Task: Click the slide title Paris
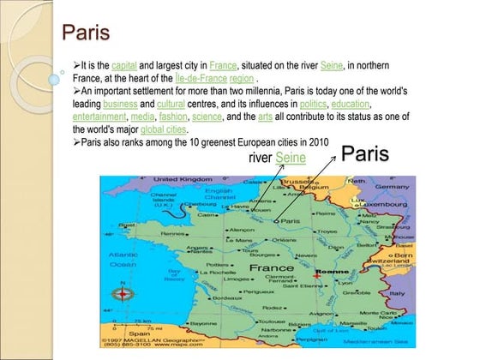pos(86,33)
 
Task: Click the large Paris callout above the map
pos(364,154)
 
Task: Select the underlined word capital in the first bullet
pos(124,64)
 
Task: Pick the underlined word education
pos(350,104)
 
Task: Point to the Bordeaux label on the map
pos(229,298)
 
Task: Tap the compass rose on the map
pos(123,294)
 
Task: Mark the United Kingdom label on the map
pos(183,179)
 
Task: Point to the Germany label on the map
pos(393,186)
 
